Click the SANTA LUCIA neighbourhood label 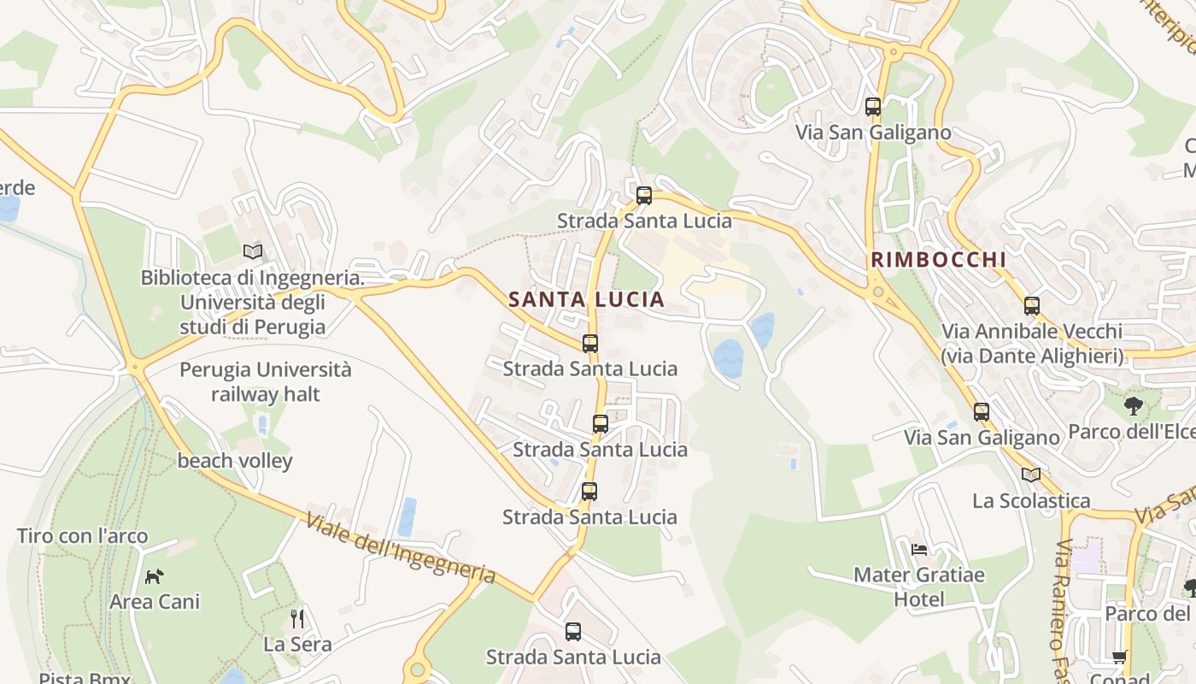tap(586, 299)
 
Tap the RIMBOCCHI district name tap(938, 259)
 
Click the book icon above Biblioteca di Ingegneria tap(253, 251)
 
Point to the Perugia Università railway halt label tap(265, 381)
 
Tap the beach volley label tap(235, 461)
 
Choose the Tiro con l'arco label tap(83, 536)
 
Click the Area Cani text tap(155, 601)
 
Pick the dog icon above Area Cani tap(154, 576)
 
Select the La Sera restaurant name tap(297, 644)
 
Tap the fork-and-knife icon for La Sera tap(297, 618)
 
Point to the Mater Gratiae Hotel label tap(919, 587)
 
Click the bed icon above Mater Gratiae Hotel tap(919, 549)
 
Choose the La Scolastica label tap(1031, 500)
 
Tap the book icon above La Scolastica tap(1031, 475)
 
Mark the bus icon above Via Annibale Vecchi tap(1032, 305)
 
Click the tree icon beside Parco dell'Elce tap(1134, 405)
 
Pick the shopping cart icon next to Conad tap(1119, 657)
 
